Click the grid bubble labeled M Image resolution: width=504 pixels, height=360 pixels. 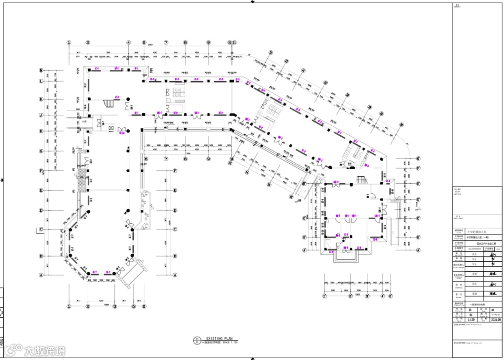[41, 70]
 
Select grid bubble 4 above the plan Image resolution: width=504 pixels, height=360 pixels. [129, 42]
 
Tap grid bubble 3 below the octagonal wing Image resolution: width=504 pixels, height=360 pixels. [114, 306]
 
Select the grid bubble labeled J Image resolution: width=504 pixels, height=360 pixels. [41, 115]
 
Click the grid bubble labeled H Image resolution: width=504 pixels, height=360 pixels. [41, 131]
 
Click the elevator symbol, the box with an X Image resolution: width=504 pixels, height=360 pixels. [111, 127]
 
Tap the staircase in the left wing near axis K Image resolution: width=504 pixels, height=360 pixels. [108, 102]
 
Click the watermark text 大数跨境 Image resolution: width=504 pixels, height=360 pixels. [44, 350]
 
